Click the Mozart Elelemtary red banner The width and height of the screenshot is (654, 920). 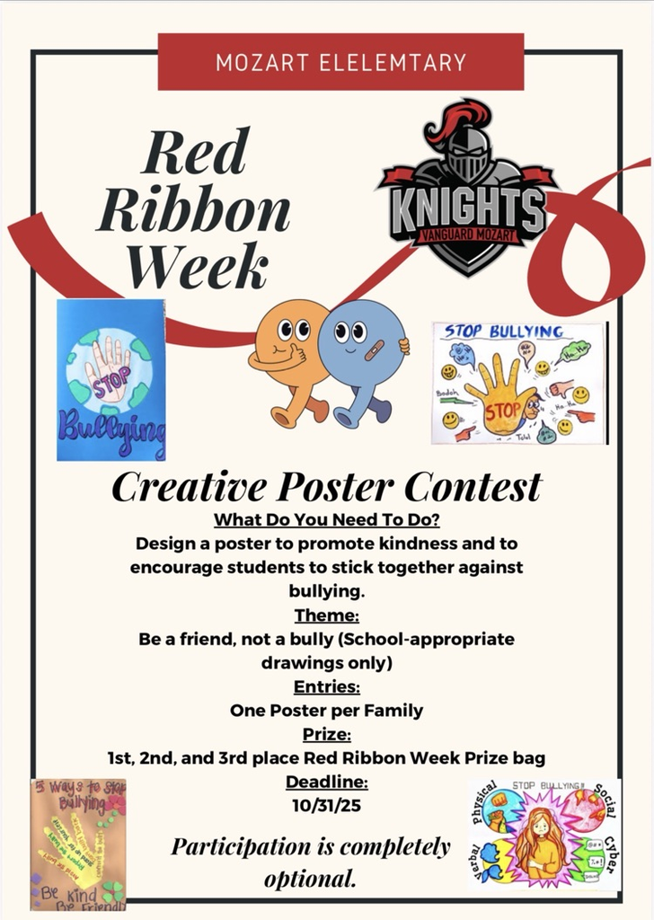(x=340, y=62)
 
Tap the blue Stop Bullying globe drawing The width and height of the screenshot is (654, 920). (x=110, y=380)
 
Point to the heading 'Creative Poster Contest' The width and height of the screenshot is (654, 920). (x=326, y=488)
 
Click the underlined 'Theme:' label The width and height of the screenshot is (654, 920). (x=327, y=615)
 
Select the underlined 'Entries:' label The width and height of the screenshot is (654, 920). (x=327, y=687)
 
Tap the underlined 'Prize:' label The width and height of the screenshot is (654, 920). (x=326, y=735)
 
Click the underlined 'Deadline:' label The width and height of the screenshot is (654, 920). (x=327, y=782)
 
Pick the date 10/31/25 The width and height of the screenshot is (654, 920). (x=327, y=804)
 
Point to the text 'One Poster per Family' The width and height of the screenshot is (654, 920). (x=327, y=711)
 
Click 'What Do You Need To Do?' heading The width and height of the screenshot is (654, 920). (x=327, y=521)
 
